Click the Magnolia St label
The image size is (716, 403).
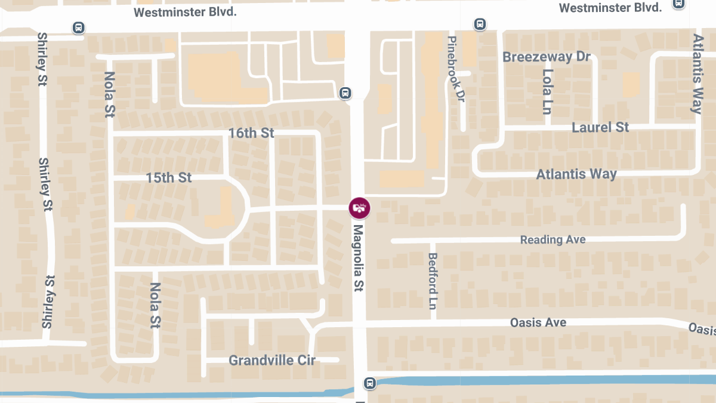pos(358,258)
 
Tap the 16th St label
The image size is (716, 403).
pos(251,133)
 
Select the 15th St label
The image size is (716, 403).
pos(169,178)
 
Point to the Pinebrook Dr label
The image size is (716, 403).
pos(455,67)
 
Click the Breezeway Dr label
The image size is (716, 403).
pos(547,57)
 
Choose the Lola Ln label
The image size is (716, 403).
pos(547,91)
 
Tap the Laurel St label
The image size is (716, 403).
pos(600,127)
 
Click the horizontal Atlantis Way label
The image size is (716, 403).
pos(576,174)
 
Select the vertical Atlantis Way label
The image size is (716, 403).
pos(697,73)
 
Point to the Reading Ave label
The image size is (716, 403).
pos(553,239)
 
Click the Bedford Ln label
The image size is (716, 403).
pos(433,281)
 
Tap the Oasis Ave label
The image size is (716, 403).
pos(538,322)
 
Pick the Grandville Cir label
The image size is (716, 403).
pos(272,361)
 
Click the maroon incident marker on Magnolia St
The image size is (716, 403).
pos(359,208)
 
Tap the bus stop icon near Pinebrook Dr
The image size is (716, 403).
pos(479,24)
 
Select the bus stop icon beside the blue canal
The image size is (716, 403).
pos(370,382)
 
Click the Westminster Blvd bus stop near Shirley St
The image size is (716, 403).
pos(78,27)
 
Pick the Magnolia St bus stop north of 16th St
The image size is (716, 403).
pos(345,93)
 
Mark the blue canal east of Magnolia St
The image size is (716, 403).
pos(537,380)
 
